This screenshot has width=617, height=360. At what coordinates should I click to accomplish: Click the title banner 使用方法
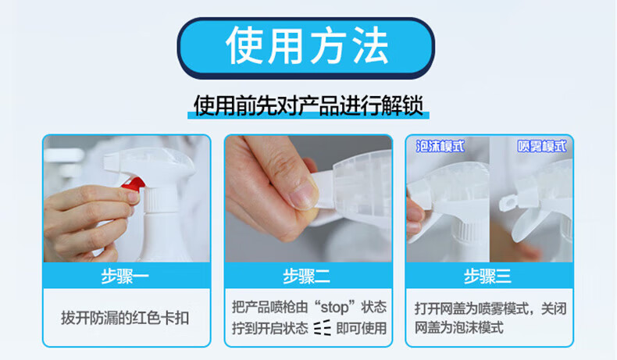point(305,48)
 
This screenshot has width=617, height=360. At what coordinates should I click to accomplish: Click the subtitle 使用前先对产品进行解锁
point(308,105)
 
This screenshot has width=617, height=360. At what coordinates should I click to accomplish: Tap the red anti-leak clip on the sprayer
point(134,184)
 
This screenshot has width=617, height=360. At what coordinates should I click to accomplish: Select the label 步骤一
point(125,276)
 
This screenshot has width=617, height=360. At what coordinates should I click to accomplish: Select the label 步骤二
point(306,276)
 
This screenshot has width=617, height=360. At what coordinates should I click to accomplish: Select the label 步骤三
point(487,276)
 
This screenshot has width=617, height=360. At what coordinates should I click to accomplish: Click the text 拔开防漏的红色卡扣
point(125,318)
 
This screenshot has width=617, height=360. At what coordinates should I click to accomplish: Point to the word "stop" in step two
point(334,307)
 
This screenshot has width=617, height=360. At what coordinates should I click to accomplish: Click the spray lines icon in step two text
point(323,328)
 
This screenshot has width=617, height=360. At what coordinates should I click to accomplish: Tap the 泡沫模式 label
point(440,146)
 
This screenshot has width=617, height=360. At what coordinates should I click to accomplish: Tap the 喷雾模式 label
point(542,146)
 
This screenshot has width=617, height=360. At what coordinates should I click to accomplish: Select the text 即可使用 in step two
point(362,328)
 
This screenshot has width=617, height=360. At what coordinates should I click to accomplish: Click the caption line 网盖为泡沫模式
point(458,327)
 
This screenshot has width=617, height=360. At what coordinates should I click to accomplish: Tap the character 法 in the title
point(371,46)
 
